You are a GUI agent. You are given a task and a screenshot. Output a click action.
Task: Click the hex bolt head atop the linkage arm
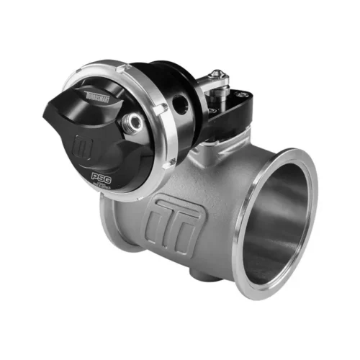point(215,76)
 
